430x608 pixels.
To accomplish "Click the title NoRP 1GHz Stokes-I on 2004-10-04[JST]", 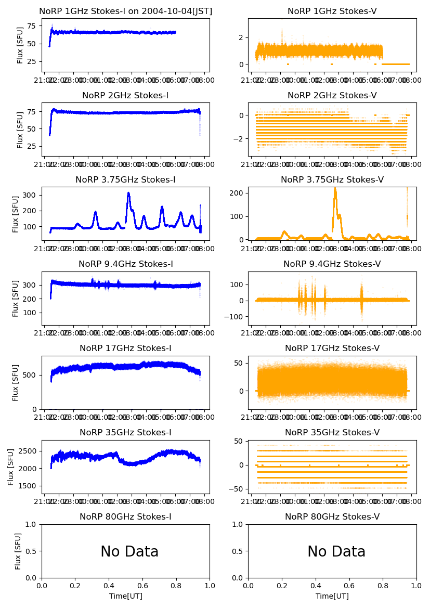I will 126,11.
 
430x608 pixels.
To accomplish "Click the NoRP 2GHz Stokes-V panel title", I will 332,96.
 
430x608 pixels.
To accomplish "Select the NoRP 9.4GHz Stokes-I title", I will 126,264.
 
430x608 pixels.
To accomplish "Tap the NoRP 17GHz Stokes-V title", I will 332,348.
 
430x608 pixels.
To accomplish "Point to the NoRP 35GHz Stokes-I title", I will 126,433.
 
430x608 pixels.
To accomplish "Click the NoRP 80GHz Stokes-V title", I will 332,517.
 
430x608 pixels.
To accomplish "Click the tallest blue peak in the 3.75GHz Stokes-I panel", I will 128,193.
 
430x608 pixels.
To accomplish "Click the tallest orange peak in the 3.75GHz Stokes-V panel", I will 335,189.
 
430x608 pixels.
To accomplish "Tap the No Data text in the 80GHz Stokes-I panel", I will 129,552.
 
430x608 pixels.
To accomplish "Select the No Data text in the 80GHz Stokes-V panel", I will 336,552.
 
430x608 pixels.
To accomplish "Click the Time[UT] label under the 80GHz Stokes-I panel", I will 126,596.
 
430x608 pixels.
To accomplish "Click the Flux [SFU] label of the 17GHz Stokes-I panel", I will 16,382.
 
